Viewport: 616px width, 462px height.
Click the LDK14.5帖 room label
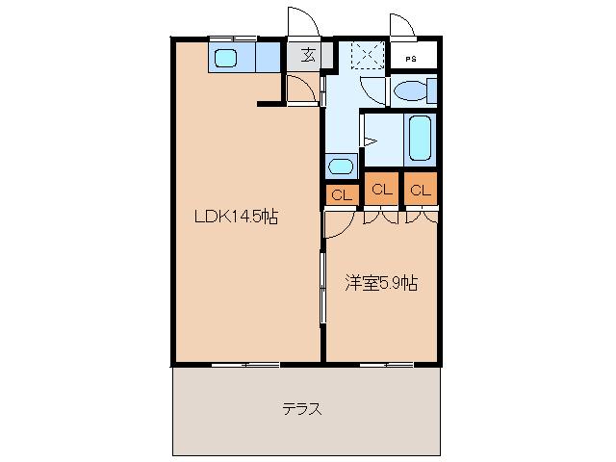click(x=237, y=218)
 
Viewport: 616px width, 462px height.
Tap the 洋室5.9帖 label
click(x=381, y=284)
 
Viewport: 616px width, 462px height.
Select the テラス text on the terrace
click(x=301, y=409)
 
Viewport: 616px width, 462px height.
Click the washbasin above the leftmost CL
click(x=341, y=166)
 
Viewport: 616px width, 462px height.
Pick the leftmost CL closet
click(x=341, y=194)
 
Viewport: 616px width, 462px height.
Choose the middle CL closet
click(x=381, y=189)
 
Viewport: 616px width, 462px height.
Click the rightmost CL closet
click(x=421, y=189)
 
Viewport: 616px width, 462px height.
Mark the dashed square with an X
click(x=366, y=55)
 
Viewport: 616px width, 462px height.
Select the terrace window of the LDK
click(x=244, y=364)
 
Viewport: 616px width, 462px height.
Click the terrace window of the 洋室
click(x=387, y=364)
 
